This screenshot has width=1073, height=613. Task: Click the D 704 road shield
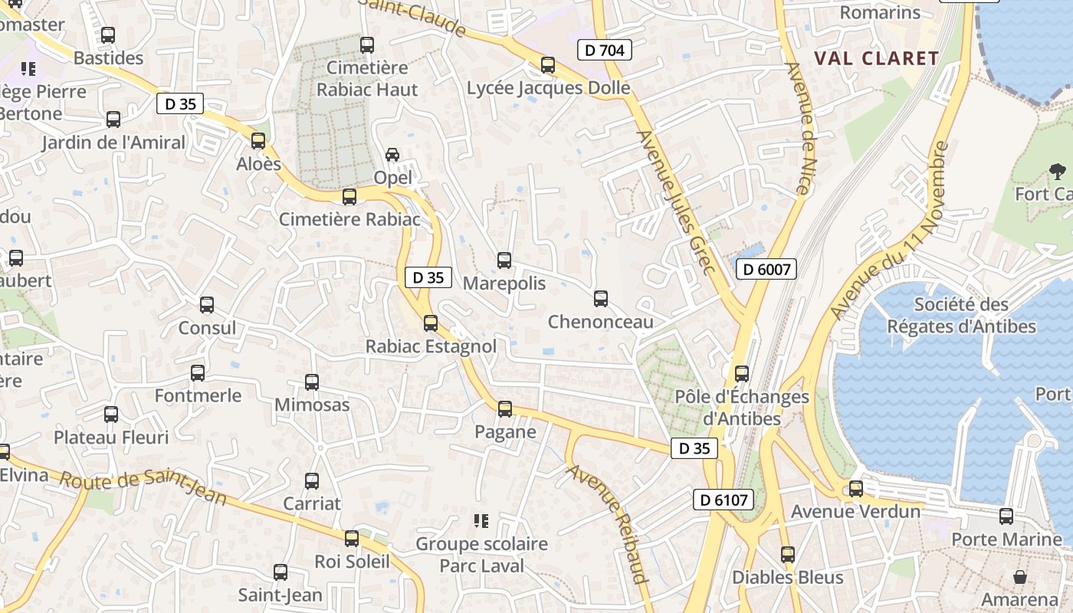tap(605, 51)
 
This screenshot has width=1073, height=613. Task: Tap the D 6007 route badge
tap(766, 269)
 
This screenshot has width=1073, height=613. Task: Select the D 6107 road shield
tap(723, 500)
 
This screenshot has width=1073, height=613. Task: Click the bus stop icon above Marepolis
tap(504, 261)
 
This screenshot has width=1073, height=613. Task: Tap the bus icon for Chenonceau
tap(601, 299)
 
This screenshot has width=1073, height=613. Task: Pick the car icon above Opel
tap(392, 155)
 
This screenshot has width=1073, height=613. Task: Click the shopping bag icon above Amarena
tap(1020, 576)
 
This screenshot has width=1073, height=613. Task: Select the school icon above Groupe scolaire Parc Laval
tap(481, 521)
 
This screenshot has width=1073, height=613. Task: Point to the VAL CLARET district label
tap(876, 58)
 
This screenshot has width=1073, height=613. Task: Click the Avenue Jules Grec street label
tap(677, 202)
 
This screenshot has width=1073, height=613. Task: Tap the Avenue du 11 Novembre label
tap(890, 230)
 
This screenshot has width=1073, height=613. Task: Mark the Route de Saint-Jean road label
tap(143, 487)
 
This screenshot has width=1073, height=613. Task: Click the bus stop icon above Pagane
tap(505, 409)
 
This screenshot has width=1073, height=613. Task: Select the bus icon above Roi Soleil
tap(352, 539)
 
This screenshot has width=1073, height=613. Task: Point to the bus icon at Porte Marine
tap(1006, 516)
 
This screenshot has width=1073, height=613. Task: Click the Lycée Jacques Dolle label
tap(548, 88)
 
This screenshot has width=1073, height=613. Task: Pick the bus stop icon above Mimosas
tap(312, 382)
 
